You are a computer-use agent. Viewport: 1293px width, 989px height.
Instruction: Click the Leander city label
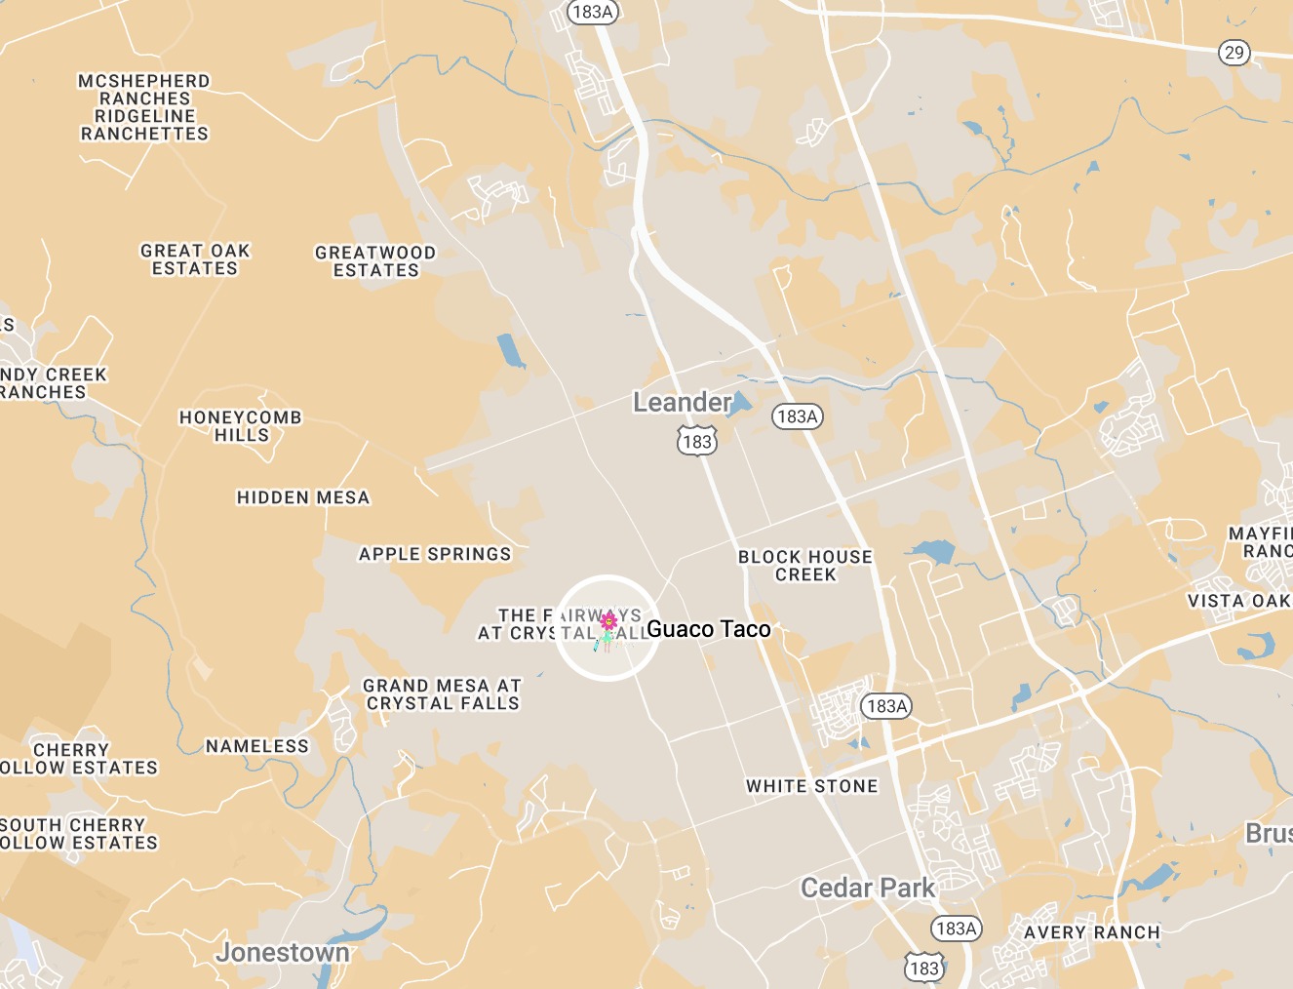[682, 402]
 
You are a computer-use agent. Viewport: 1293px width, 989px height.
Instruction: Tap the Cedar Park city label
[867, 888]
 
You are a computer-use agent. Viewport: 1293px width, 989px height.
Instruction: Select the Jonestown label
[283, 952]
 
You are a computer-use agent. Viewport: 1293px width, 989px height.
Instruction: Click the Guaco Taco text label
[709, 629]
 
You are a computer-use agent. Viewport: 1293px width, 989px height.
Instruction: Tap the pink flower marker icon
[608, 621]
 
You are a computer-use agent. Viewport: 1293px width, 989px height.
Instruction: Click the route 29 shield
[1234, 53]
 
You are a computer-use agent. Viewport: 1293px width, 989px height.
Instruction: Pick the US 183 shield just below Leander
[697, 442]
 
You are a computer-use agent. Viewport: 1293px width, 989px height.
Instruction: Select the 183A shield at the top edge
[593, 12]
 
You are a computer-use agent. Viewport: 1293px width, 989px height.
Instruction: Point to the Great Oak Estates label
[195, 259]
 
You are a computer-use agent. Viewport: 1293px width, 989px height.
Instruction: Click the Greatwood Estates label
[375, 261]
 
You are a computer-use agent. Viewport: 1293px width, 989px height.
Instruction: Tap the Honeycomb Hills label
[241, 426]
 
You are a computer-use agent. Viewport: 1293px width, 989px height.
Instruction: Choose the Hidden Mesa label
[303, 497]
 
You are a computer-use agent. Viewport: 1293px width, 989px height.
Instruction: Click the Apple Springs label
[435, 554]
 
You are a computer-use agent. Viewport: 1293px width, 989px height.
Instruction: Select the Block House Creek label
[805, 566]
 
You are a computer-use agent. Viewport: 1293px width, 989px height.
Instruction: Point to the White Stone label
[812, 786]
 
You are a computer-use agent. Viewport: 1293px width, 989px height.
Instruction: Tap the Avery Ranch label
[1092, 932]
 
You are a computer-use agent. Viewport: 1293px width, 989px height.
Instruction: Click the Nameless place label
[257, 746]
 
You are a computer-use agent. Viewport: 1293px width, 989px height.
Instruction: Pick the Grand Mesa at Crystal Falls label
[443, 694]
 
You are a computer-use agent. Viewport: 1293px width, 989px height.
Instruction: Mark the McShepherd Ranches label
[144, 90]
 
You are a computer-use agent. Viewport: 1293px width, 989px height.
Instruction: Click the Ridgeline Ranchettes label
[144, 125]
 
